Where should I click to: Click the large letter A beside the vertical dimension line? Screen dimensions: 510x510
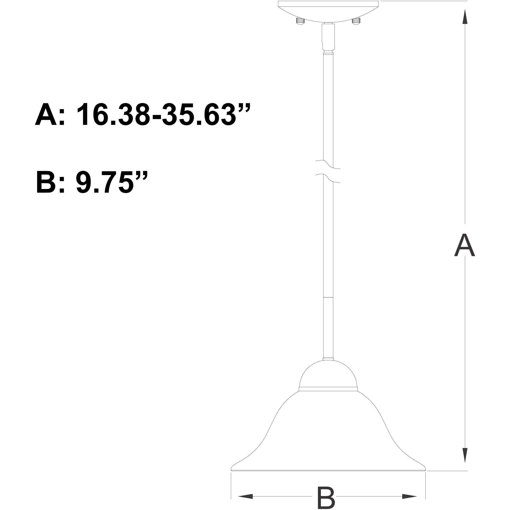coord(464,246)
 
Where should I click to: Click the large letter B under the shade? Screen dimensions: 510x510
coord(326,496)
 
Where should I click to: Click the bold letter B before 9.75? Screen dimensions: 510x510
coord(46,182)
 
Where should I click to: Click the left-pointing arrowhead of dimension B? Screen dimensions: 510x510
coord(246,496)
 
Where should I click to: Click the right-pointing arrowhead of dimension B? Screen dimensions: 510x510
coord(409,496)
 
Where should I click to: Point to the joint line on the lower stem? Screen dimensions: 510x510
coord(328,298)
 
